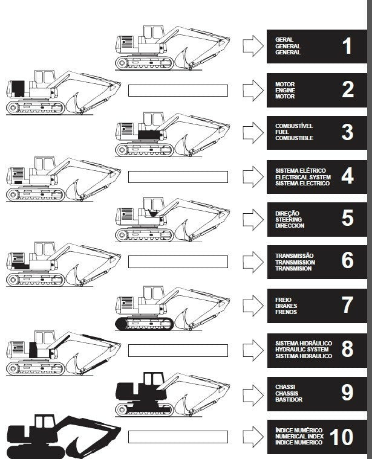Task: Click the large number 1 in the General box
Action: click(x=347, y=46)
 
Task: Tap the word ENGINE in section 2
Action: click(x=285, y=90)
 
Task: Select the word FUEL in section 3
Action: click(x=282, y=132)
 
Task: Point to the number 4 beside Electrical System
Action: click(x=347, y=176)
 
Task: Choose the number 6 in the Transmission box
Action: click(x=347, y=261)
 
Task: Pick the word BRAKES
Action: click(x=286, y=306)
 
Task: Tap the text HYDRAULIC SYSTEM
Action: click(x=302, y=350)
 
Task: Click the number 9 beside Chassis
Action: click(x=347, y=393)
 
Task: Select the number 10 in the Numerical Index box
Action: click(x=342, y=436)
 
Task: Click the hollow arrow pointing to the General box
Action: click(x=251, y=45)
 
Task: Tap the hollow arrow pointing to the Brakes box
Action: click(x=251, y=306)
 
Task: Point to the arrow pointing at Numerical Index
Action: click(x=251, y=436)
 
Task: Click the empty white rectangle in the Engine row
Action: click(x=178, y=91)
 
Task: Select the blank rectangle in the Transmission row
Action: click(x=178, y=262)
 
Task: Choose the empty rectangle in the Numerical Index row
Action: click(x=178, y=436)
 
